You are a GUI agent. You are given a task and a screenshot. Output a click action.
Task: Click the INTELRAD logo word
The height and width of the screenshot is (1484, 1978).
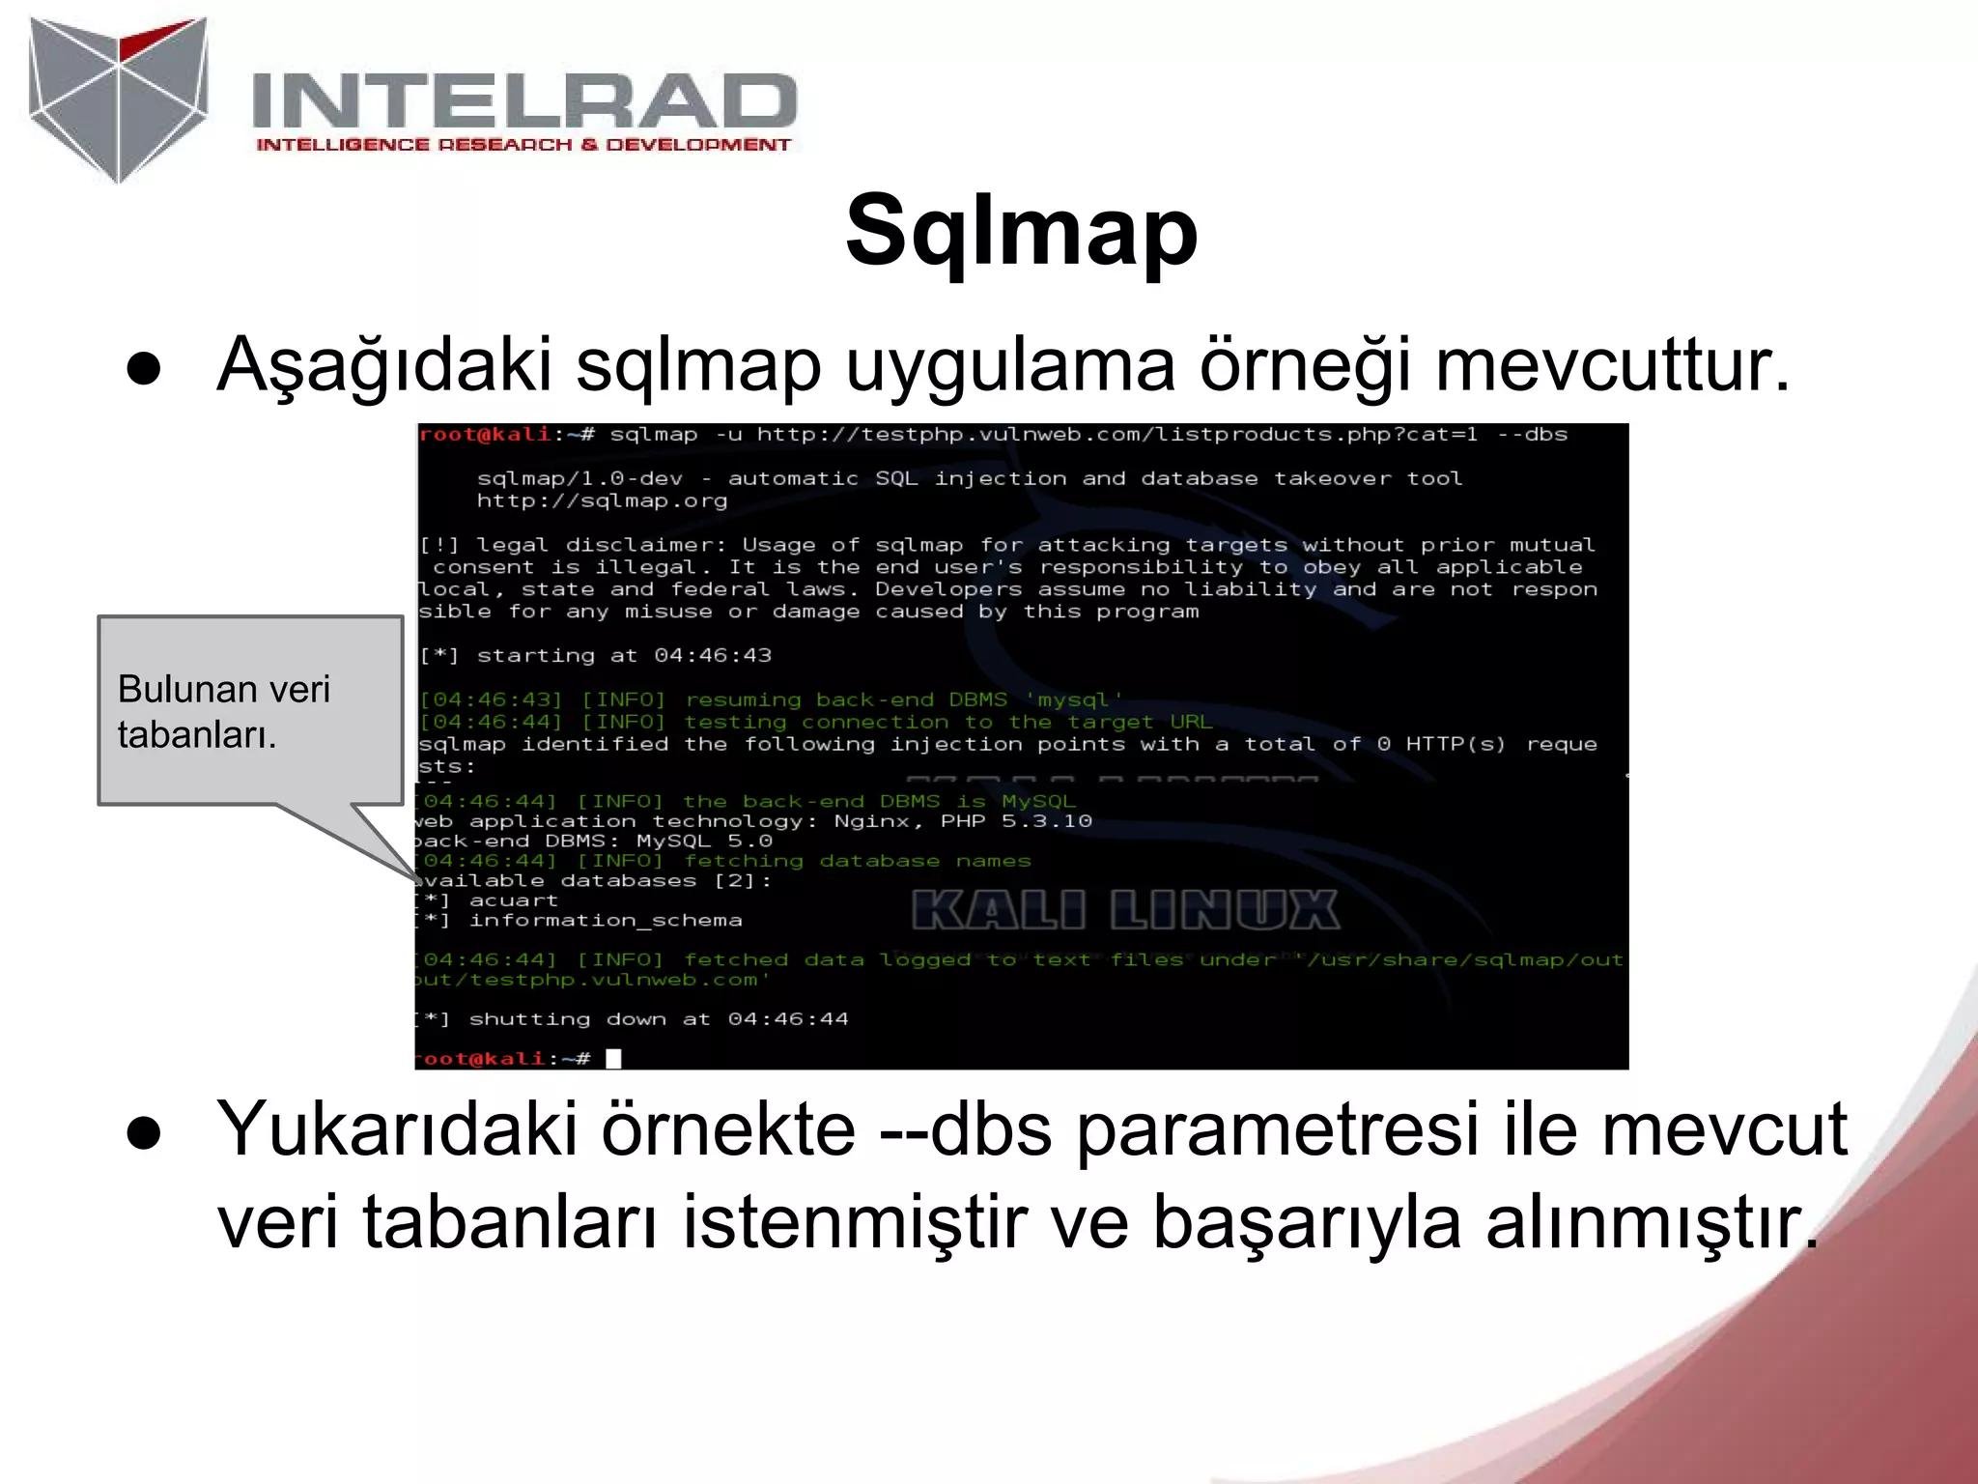(x=523, y=101)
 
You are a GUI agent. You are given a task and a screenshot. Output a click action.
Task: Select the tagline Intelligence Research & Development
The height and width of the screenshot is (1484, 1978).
(x=523, y=145)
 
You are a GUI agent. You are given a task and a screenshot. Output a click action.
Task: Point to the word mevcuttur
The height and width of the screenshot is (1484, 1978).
(x=1612, y=365)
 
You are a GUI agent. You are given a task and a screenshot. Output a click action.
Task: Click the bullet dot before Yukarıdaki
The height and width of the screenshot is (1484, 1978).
(x=143, y=1132)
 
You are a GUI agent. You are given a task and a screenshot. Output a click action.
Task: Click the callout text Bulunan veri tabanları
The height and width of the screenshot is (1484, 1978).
(x=224, y=711)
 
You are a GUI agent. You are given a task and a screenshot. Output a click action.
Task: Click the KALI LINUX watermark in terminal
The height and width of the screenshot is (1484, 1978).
(x=1125, y=911)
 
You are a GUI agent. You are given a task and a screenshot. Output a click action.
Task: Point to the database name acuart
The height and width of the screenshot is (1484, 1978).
(x=513, y=900)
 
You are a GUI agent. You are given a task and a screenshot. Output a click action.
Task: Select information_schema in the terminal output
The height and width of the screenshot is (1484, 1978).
(x=606, y=921)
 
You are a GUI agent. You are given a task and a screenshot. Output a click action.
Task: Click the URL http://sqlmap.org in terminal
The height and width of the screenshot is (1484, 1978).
(x=602, y=500)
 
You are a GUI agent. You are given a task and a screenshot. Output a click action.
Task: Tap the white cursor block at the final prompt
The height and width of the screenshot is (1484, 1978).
(x=613, y=1058)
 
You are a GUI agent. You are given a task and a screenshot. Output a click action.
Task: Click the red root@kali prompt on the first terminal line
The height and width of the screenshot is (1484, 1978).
(x=485, y=435)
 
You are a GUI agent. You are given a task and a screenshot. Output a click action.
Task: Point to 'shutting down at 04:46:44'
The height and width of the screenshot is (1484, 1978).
(x=658, y=1019)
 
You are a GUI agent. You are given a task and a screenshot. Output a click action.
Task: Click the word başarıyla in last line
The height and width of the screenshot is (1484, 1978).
(x=1307, y=1223)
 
